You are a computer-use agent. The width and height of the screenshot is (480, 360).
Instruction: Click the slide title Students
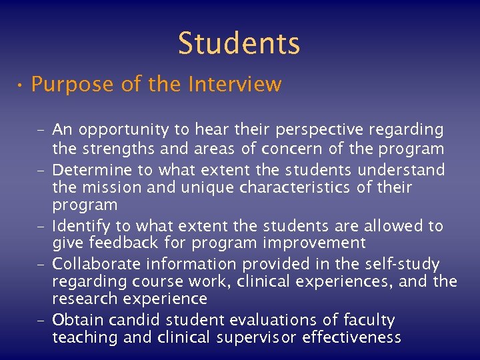click(x=239, y=43)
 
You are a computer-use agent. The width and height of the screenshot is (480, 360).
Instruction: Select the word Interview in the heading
click(x=235, y=85)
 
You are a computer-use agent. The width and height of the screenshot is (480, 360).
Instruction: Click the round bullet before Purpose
click(x=21, y=86)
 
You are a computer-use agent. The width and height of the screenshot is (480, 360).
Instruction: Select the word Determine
click(x=90, y=167)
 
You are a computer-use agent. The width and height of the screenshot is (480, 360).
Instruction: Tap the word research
click(x=82, y=299)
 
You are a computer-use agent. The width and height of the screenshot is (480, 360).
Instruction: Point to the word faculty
click(x=369, y=320)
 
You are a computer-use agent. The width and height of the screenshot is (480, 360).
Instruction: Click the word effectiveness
click(x=352, y=338)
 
